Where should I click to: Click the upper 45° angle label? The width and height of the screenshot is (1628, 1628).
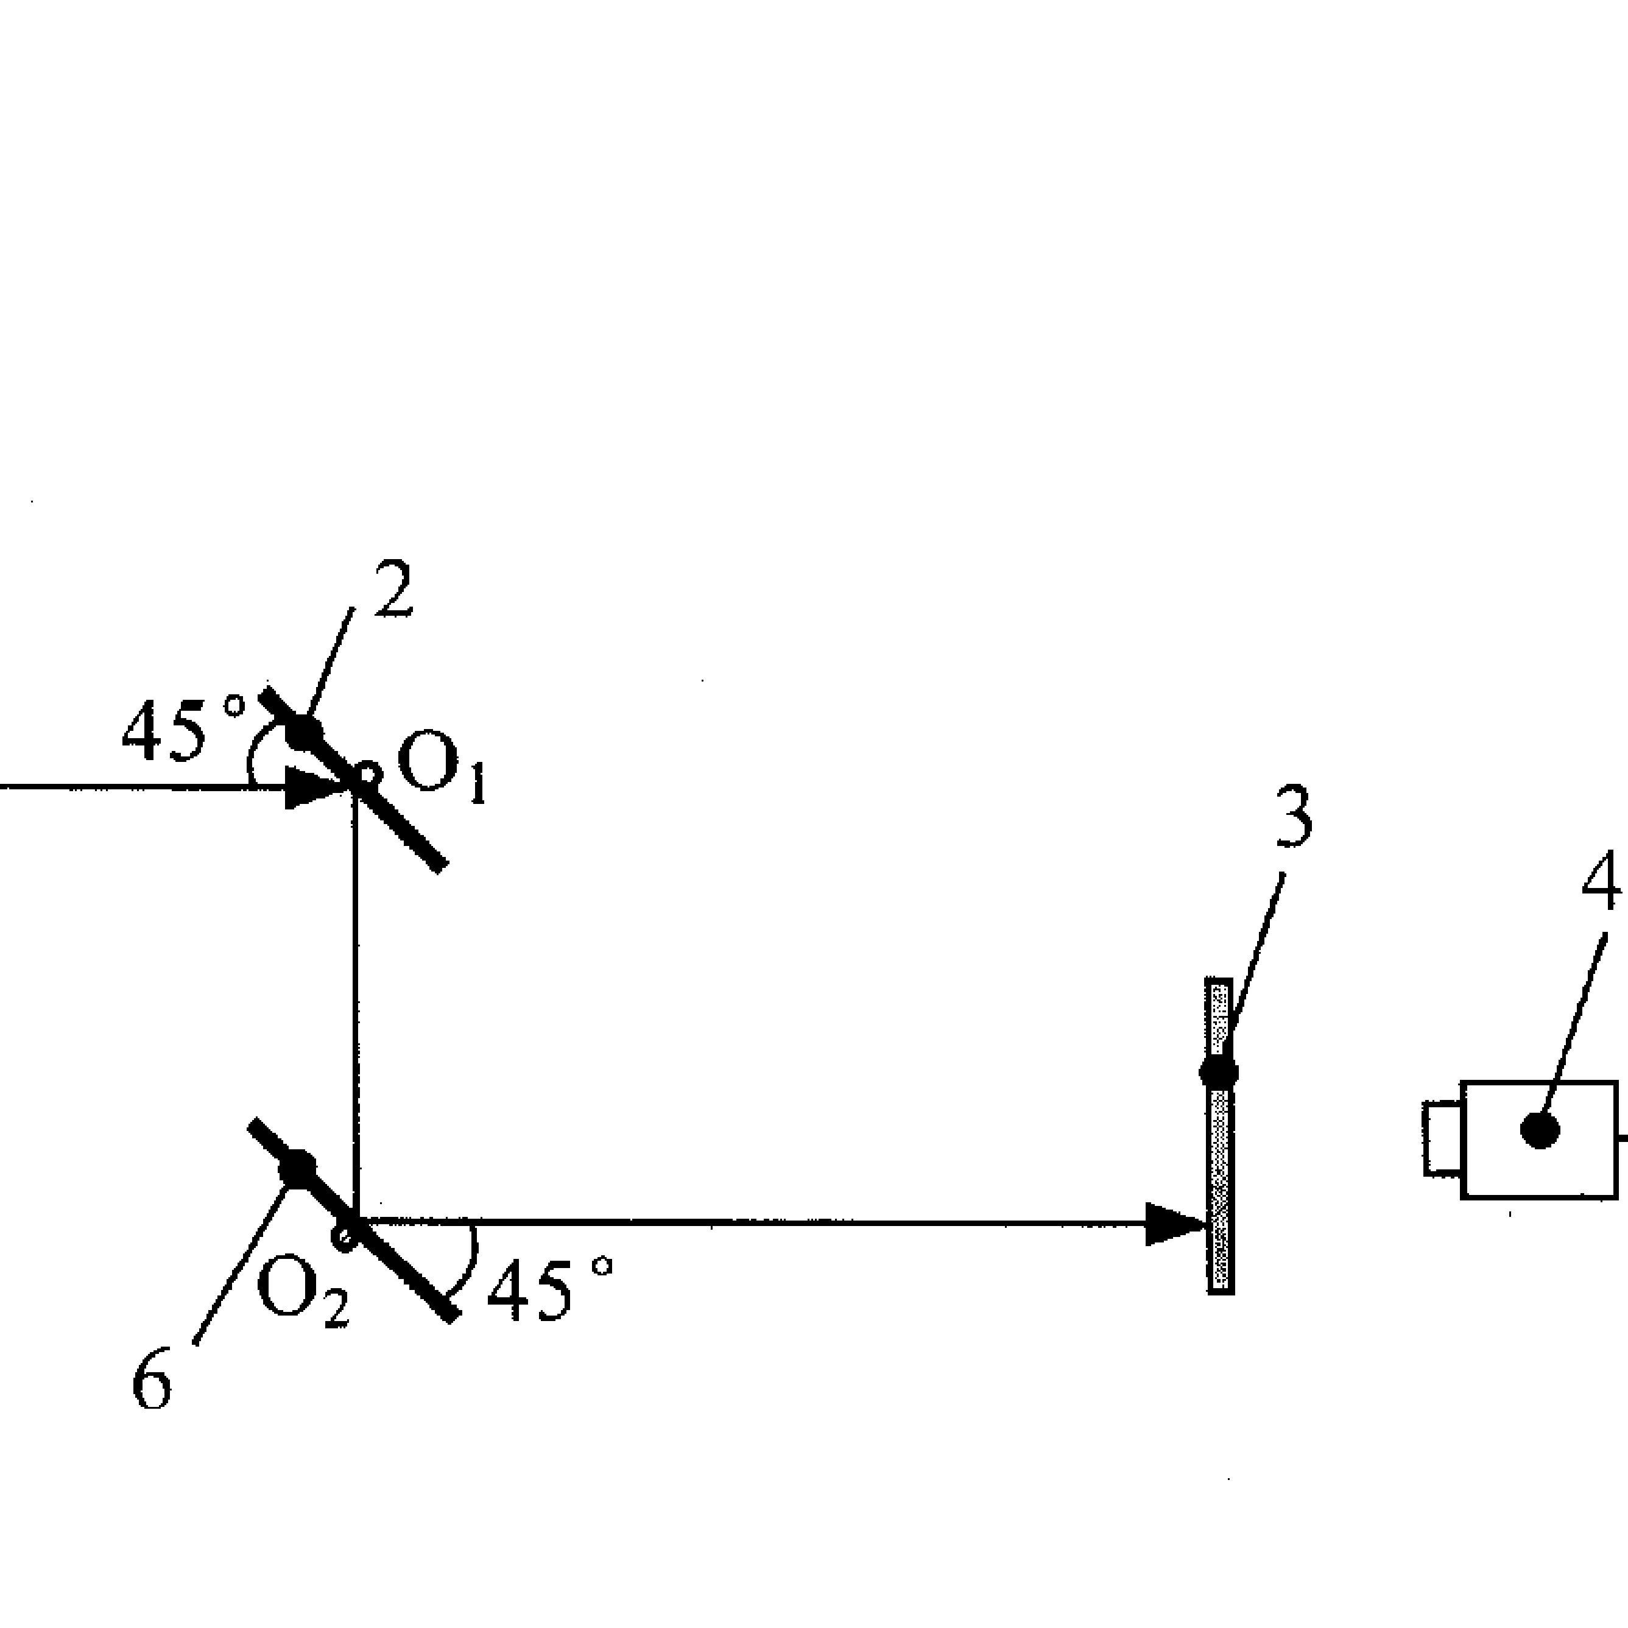point(181,729)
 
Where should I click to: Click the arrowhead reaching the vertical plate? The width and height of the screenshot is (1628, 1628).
point(1175,1224)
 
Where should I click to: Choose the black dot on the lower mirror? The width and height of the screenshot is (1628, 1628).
point(297,1168)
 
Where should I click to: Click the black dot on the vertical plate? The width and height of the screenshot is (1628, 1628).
point(1219,1073)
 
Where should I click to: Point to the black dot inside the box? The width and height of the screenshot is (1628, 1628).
point(1540,1129)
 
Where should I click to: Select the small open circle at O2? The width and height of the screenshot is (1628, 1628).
point(344,1236)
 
